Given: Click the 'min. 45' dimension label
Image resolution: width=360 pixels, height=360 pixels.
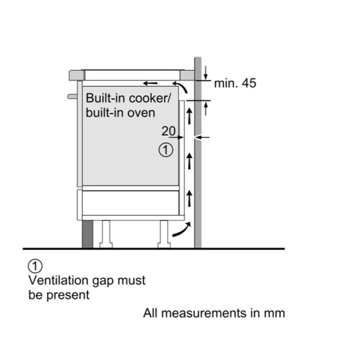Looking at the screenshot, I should coord(235,83).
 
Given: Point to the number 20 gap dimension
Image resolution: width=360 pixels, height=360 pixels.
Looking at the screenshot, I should coord(169,131).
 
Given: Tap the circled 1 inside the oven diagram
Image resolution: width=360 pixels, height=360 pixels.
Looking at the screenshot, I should coord(164,150).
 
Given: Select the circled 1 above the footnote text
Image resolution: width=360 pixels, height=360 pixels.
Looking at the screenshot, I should coord(34,266).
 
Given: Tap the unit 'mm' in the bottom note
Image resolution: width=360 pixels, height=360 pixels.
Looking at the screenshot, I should coord(275,313).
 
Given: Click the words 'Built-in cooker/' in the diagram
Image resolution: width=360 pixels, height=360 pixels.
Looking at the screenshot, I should coord(120,98).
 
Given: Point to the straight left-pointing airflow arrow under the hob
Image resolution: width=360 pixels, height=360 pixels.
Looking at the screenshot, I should coord(151,83).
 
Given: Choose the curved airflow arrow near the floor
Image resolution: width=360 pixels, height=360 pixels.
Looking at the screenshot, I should coord(182,230).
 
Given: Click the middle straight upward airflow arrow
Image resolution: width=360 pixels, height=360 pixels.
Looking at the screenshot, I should coord(189,160).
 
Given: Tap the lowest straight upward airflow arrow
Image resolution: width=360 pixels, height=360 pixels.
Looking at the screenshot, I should coord(189,198).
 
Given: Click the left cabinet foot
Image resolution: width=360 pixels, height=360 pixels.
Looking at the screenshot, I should coord(106,234).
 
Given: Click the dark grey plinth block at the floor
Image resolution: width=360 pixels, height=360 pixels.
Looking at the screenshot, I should coord(87,235).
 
